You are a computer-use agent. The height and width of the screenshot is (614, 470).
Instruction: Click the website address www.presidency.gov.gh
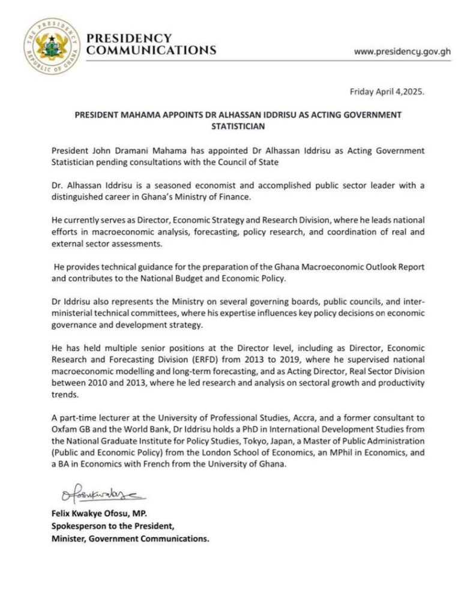pos(402,52)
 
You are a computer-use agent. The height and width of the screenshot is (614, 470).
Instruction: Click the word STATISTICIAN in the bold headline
pos(238,127)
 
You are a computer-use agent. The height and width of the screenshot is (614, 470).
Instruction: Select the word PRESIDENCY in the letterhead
pos(129,38)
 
